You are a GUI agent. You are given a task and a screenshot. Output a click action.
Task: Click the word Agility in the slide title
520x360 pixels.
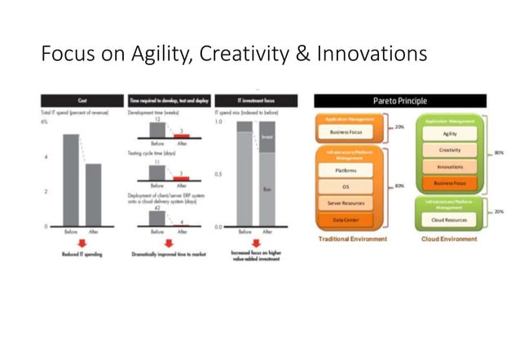pyautogui.click(x=155, y=55)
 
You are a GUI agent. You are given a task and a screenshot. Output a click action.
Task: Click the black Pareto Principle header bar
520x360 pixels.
pyautogui.click(x=400, y=101)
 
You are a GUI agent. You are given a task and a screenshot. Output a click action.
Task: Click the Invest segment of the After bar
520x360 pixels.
pyautogui.click(x=266, y=138)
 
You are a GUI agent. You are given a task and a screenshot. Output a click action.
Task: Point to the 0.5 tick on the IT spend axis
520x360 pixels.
pyautogui.click(x=218, y=174)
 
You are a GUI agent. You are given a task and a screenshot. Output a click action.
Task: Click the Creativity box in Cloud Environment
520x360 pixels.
pyautogui.click(x=449, y=151)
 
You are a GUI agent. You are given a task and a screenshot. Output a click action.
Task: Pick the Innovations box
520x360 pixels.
pyautogui.click(x=449, y=167)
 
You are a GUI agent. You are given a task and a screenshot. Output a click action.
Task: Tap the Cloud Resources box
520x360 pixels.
pyautogui.click(x=449, y=220)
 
